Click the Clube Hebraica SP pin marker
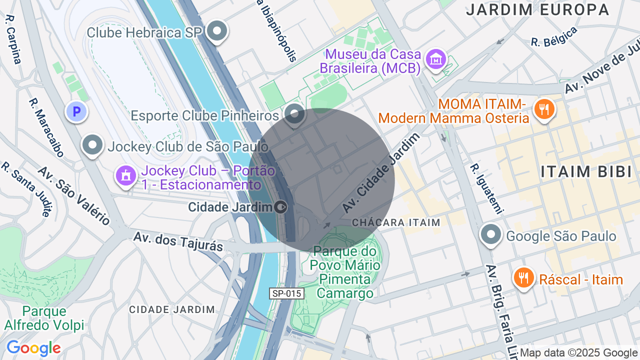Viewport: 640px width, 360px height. (x=217, y=31)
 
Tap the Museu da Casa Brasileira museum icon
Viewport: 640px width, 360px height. (x=435, y=59)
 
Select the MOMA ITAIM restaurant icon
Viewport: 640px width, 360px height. (x=544, y=109)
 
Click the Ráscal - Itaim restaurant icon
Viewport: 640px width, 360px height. (x=523, y=278)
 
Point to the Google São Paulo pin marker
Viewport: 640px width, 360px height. (x=491, y=234)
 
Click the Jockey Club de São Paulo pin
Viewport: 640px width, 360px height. (x=92, y=145)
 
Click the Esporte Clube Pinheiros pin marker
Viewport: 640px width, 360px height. (x=294, y=114)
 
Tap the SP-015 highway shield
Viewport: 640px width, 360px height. (x=287, y=293)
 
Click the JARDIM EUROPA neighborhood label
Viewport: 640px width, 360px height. (x=537, y=9)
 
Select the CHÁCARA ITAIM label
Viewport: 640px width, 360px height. (x=396, y=222)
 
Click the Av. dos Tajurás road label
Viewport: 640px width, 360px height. (x=178, y=241)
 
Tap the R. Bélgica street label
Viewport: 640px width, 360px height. (x=554, y=36)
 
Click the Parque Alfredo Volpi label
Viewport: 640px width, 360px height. (x=44, y=318)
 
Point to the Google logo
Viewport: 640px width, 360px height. (x=33, y=348)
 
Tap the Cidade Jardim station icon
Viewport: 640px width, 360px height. (x=281, y=206)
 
